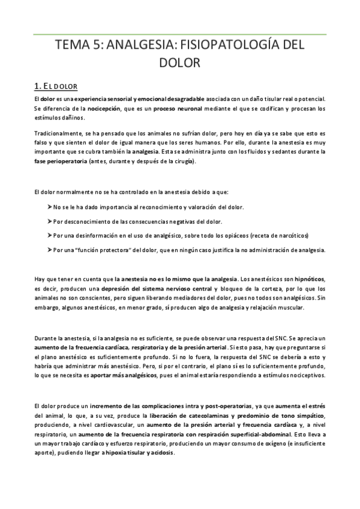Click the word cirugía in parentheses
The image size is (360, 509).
pos(180,163)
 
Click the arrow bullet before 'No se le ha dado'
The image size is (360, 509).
pos(49,206)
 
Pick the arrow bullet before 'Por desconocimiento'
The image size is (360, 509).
pos(49,220)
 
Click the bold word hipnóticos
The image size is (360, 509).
pos(311,279)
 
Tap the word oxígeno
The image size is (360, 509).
pos(256,442)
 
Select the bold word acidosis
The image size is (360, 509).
pos(161,453)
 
